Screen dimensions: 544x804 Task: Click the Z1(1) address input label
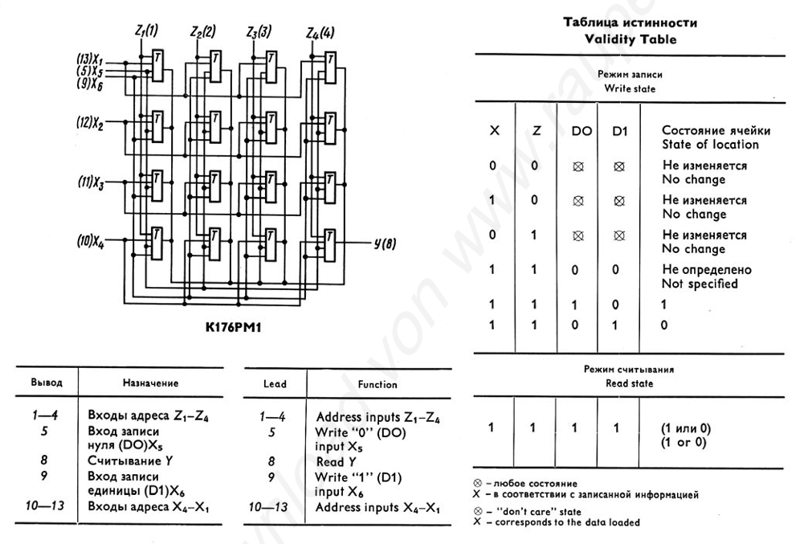[145, 31]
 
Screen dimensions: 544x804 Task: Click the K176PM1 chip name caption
[236, 328]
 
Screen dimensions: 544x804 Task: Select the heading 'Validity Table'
[630, 39]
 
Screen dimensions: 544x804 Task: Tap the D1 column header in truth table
[618, 130]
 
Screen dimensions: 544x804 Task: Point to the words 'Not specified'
[700, 284]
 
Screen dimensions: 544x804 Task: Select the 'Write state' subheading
[630, 88]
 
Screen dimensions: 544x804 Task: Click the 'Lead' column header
[275, 384]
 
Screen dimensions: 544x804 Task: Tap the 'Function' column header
[377, 384]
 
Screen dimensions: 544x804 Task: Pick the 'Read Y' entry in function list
[342, 462]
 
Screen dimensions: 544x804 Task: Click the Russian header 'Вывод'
[47, 383]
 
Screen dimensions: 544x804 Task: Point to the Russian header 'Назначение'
[151, 383]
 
